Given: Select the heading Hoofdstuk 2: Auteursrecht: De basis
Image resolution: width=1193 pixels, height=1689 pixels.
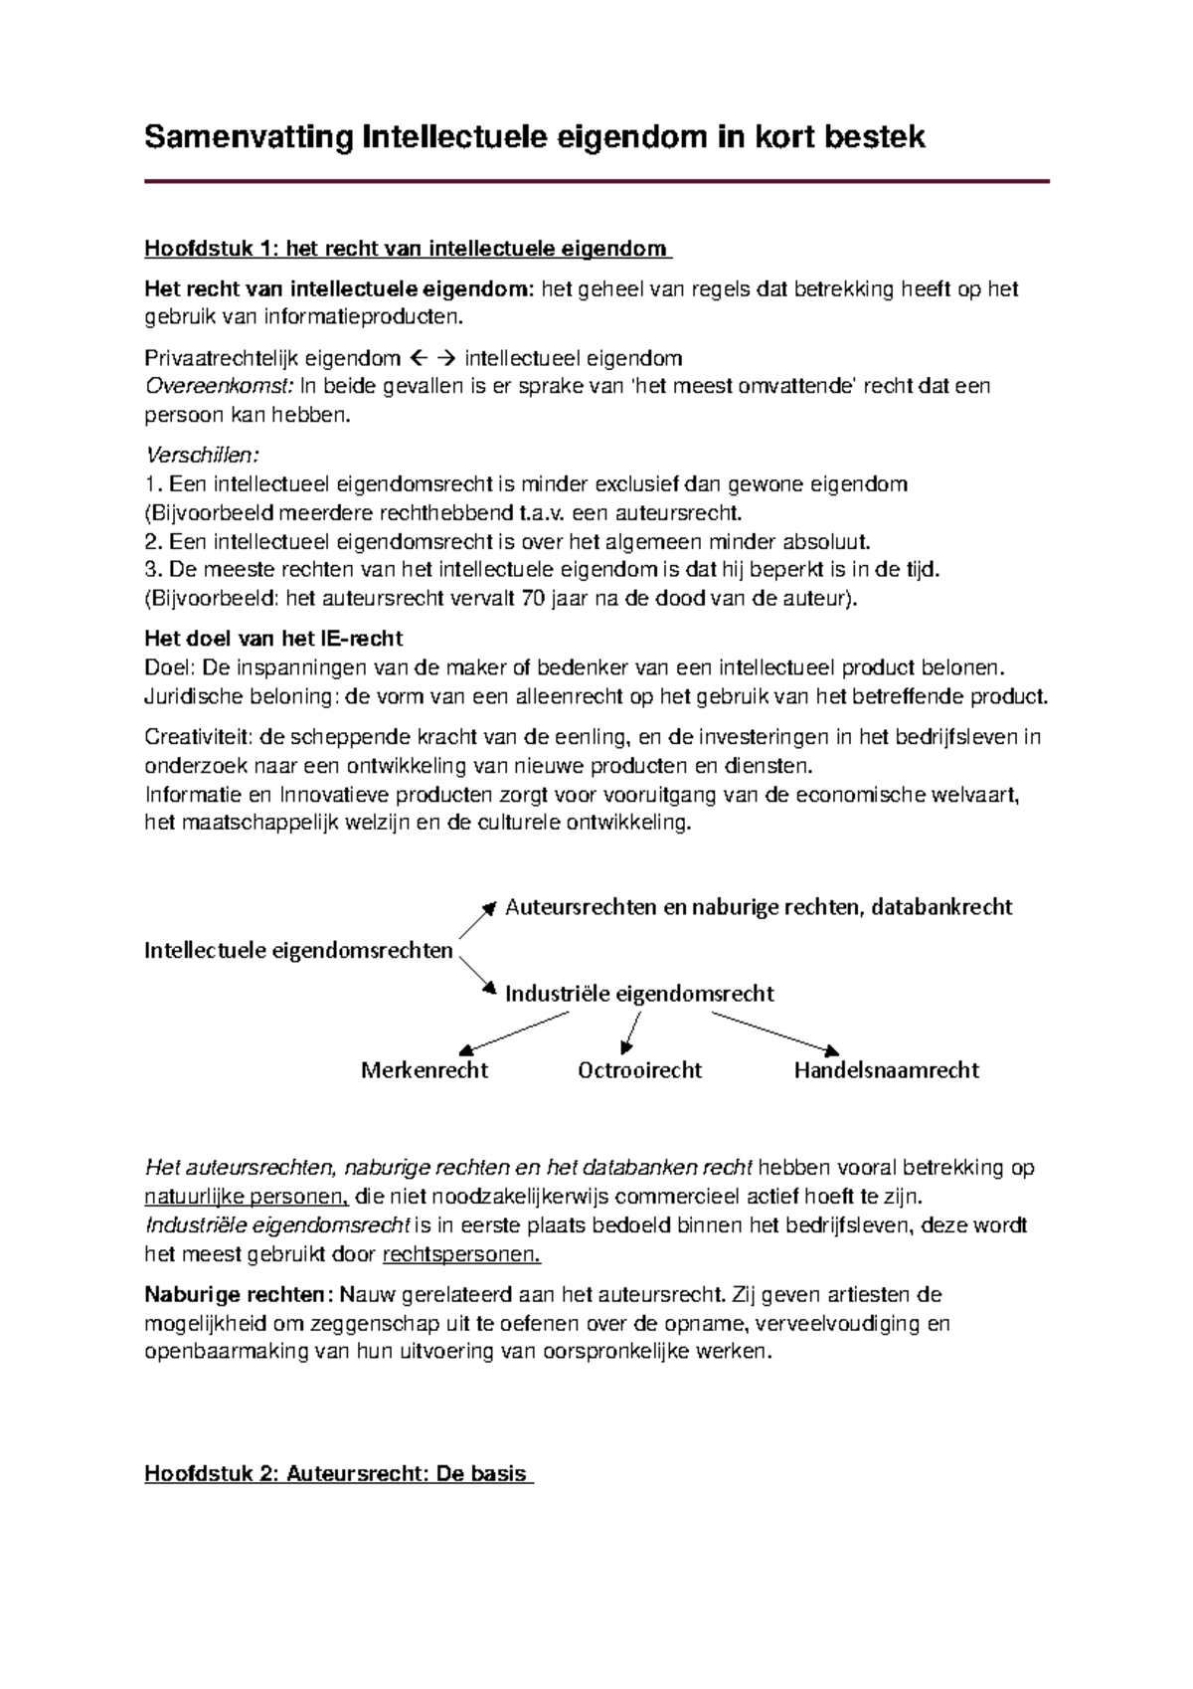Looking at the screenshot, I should point(338,1473).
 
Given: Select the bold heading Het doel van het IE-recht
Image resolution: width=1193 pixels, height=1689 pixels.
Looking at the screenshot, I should point(273,639).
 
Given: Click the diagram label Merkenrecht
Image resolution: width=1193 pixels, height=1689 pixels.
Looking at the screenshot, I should point(425,1070).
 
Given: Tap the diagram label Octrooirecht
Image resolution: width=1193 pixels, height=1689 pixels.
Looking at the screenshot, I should point(639,1070).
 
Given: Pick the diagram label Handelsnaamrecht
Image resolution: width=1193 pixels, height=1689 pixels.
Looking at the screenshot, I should point(886,1070).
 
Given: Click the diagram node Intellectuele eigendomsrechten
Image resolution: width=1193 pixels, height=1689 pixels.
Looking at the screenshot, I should point(298,950).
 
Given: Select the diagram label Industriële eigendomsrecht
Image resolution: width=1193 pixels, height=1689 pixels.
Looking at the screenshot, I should point(639,993).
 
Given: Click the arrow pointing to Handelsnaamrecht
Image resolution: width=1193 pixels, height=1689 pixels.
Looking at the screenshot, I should point(775,1032).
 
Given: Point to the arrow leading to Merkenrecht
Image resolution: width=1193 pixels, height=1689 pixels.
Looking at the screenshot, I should point(515,1032).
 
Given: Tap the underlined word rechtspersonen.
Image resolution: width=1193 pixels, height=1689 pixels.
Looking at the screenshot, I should point(461,1253).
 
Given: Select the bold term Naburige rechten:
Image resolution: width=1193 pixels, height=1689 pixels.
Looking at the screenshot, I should point(236,1295).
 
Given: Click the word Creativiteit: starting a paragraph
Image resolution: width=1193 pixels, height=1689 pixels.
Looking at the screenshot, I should point(199,737).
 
